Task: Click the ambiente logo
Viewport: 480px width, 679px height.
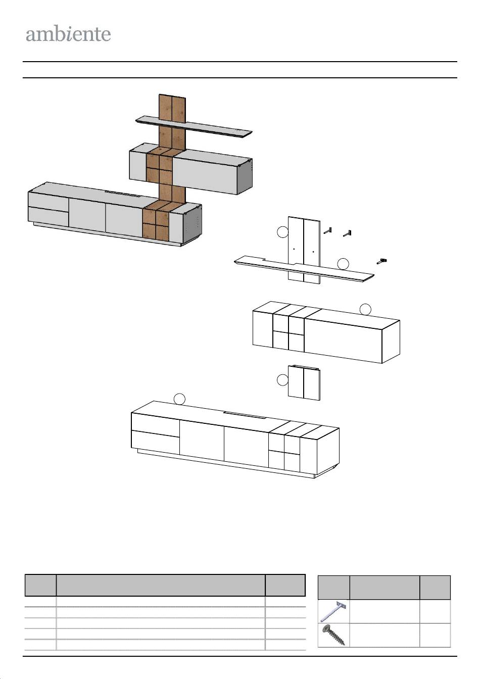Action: pos(68,35)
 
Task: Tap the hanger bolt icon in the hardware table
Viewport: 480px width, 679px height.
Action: pos(333,611)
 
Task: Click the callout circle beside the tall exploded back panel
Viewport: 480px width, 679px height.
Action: pos(282,232)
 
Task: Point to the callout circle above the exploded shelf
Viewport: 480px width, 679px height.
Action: pos(343,264)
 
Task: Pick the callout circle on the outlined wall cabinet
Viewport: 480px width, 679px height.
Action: pos(365,310)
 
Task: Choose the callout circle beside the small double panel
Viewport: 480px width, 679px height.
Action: pos(282,380)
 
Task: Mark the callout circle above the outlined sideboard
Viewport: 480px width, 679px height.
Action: pos(179,399)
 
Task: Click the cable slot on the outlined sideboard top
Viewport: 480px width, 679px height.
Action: pos(245,415)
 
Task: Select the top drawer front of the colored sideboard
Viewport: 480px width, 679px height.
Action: pos(48,200)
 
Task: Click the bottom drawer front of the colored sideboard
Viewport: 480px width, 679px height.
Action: pos(48,217)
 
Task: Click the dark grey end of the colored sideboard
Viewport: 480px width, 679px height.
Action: pos(193,225)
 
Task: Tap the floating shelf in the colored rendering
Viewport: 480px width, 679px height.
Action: pos(194,127)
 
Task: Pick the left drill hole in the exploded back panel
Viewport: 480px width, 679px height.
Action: pos(294,249)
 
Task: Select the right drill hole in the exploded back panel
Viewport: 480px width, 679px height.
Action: pos(313,252)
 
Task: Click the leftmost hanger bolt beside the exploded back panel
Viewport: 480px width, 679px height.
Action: pos(327,231)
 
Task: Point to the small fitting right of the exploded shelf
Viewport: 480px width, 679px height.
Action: pos(382,261)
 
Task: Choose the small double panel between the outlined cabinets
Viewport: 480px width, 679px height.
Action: pos(304,383)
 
